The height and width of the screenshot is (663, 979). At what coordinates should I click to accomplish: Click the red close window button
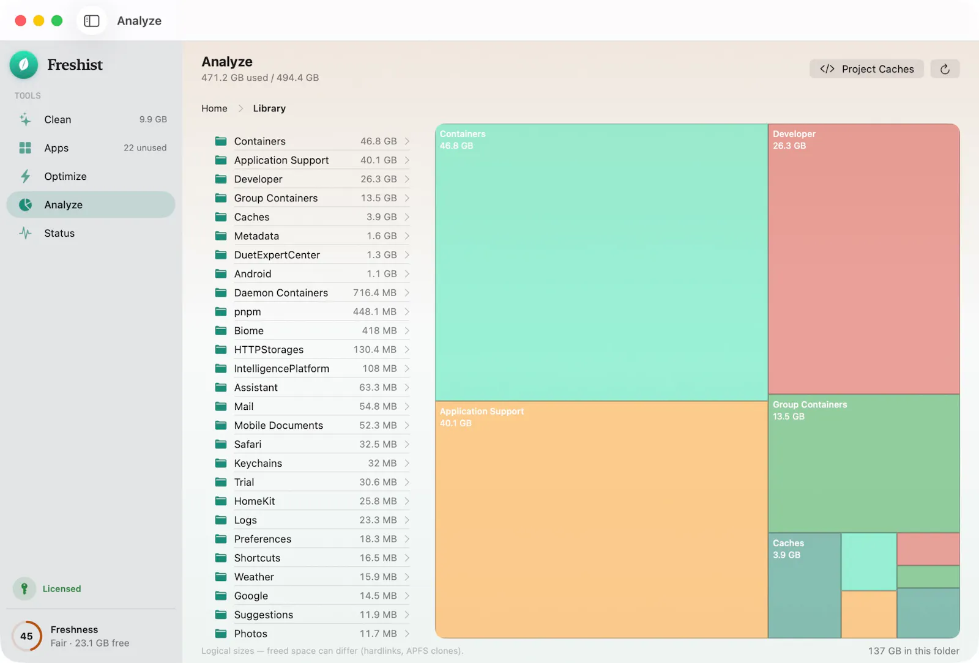coord(20,21)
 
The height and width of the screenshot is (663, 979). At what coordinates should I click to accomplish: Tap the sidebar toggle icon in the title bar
coord(91,21)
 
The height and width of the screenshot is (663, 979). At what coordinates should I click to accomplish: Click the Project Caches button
coord(866,69)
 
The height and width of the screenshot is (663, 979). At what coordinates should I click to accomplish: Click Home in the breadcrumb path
coord(214,108)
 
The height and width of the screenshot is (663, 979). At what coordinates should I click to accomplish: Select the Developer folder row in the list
coord(311,179)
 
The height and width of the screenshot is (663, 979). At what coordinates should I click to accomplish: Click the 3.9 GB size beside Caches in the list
coord(382,217)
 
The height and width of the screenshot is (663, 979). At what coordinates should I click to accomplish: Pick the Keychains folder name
coord(258,463)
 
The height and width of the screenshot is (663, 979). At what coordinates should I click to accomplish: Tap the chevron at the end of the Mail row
coord(407,406)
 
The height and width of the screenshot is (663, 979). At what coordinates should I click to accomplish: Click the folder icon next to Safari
coord(221,444)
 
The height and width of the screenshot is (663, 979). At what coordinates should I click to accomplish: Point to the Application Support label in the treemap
coord(481,411)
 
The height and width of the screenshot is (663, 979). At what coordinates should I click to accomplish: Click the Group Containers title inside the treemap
coord(810,404)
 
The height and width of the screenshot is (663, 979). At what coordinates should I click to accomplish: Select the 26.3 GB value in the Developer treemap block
coord(789,146)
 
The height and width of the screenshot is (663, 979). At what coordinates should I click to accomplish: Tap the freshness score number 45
coord(26,636)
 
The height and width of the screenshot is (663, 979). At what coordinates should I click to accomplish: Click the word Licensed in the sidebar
coord(62,588)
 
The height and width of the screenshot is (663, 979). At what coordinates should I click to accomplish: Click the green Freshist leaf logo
coord(24,65)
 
